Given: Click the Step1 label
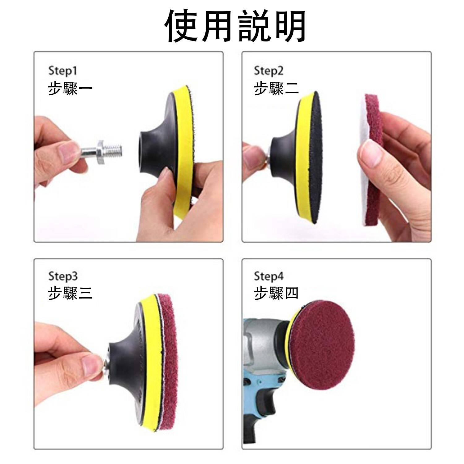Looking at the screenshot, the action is pyautogui.click(x=62, y=71).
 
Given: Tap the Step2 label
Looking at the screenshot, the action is pyautogui.click(x=269, y=71).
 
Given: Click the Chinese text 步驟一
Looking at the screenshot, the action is pyautogui.click(x=71, y=88).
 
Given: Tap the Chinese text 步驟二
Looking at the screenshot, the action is pyautogui.click(x=276, y=88).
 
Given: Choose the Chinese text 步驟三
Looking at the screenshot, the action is pyautogui.click(x=71, y=293).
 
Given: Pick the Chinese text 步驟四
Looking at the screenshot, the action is pyautogui.click(x=276, y=293).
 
